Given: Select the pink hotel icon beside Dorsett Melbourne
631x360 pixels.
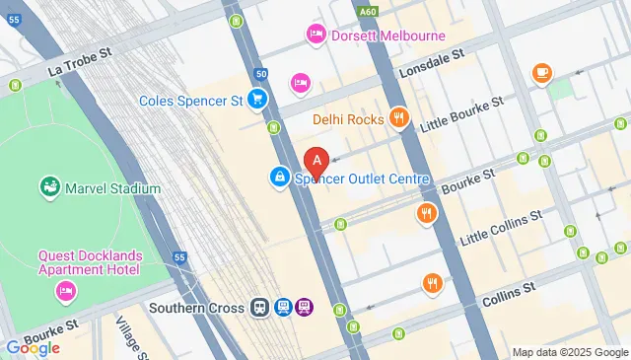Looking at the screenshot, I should (315, 36).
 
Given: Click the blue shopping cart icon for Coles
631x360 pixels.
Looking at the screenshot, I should (257, 99).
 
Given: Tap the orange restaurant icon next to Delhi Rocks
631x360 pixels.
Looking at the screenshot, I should (398, 119).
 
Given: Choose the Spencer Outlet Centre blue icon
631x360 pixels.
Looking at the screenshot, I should (280, 179).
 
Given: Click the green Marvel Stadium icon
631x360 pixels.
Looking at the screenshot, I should (46, 187).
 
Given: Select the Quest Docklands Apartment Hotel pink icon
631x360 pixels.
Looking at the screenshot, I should (66, 291).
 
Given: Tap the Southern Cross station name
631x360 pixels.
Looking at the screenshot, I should (196, 308).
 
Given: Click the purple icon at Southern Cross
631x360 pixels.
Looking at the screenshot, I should (305, 308).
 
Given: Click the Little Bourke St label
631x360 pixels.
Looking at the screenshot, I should (461, 113).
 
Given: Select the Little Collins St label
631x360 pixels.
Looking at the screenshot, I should (503, 227).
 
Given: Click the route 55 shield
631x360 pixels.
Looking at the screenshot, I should (178, 257).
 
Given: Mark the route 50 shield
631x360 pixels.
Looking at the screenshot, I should (260, 73).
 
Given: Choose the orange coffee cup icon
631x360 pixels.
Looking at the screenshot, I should (541, 72).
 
